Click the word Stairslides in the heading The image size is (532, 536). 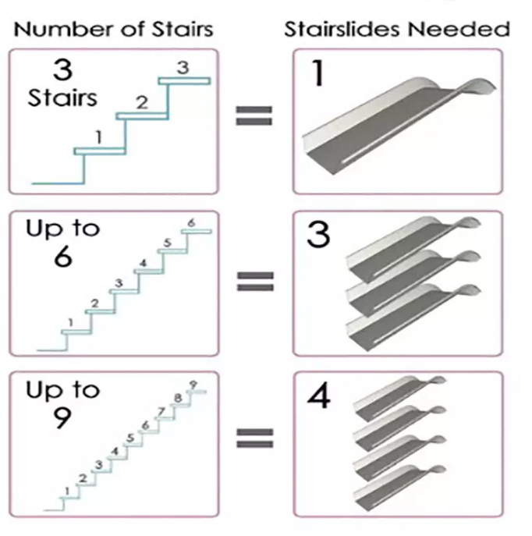pos(342,29)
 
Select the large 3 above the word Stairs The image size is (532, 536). pos(63,69)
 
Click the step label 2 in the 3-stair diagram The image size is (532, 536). pos(142,102)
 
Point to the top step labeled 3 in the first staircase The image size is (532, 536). pos(183,67)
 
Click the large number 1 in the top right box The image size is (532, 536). pos(318,73)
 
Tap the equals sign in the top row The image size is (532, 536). pos(254,115)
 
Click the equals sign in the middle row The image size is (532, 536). pos(255,281)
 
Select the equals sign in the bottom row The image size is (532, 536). pos(255,438)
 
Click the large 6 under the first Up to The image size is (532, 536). pos(63,257)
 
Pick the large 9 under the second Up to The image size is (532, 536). pos(62,417)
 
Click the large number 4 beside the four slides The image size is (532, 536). pos(319,396)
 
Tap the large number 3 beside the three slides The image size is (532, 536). pos(318,235)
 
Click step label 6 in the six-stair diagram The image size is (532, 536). pos(191,223)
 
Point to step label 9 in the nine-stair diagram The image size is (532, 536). pos(193,385)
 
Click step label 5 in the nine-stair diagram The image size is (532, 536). pos(130,438)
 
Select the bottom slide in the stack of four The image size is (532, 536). pos(399,488)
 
